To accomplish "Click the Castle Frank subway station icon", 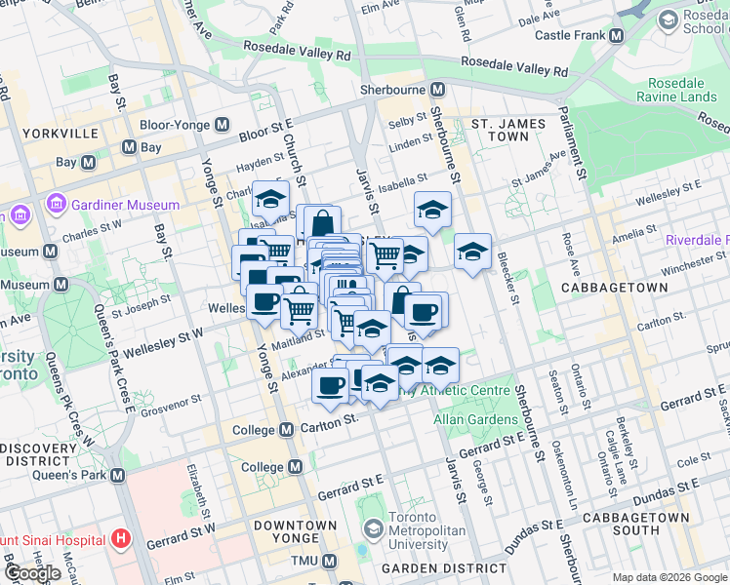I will click(x=616, y=35).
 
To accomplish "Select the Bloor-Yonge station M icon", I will click(x=223, y=125).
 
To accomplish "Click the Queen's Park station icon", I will click(x=118, y=475).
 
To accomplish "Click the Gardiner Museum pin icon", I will click(x=55, y=205).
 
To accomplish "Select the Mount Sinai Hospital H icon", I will click(x=121, y=538).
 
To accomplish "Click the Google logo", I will click(x=32, y=573).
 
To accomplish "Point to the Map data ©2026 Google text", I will click(x=669, y=577).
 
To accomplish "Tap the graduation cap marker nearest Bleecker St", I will click(x=472, y=253).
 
